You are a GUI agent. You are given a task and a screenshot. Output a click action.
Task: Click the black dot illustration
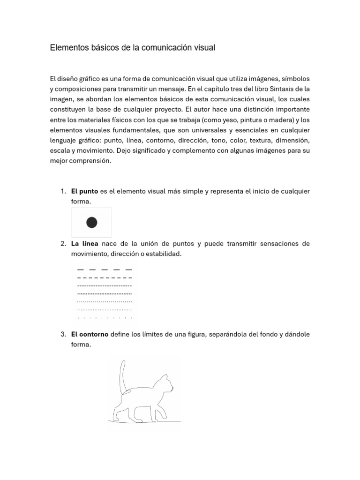pos(92,223)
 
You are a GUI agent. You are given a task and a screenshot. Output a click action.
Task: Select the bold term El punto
pos(84,191)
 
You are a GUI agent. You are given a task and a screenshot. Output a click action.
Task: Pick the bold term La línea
pos(84,244)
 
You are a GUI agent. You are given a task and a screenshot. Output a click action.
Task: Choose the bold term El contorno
pos(90,335)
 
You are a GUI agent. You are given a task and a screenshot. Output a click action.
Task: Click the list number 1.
pos(63,191)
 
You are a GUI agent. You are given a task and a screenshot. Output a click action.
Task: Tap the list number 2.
pos(63,244)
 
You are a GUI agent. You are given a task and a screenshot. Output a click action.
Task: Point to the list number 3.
pos(63,335)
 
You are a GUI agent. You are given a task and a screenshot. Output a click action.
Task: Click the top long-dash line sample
pos(104,270)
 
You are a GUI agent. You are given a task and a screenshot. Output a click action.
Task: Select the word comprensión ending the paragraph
pos(91,161)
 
